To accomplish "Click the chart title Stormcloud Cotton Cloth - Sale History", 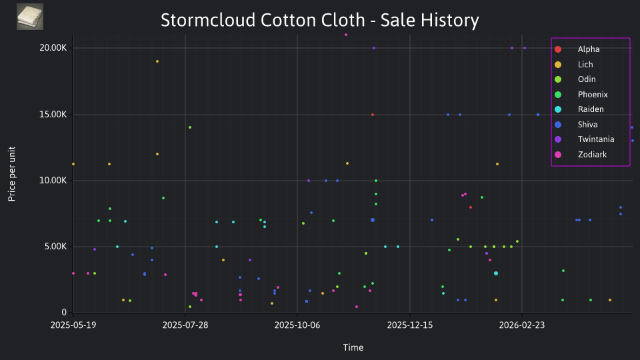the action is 319,20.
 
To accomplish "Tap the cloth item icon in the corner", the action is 30,17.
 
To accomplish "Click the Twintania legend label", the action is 595,139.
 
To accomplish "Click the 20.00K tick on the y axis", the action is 53,48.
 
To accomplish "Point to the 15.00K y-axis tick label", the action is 53,114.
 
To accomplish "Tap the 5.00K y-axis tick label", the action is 55,247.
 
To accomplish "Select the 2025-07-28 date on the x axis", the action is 185,325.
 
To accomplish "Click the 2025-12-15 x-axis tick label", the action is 410,325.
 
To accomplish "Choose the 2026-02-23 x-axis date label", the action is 522,325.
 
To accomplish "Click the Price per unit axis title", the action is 12,174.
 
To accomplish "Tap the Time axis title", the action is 353,347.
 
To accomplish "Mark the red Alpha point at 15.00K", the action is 373,115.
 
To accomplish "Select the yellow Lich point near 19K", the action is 157,61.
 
